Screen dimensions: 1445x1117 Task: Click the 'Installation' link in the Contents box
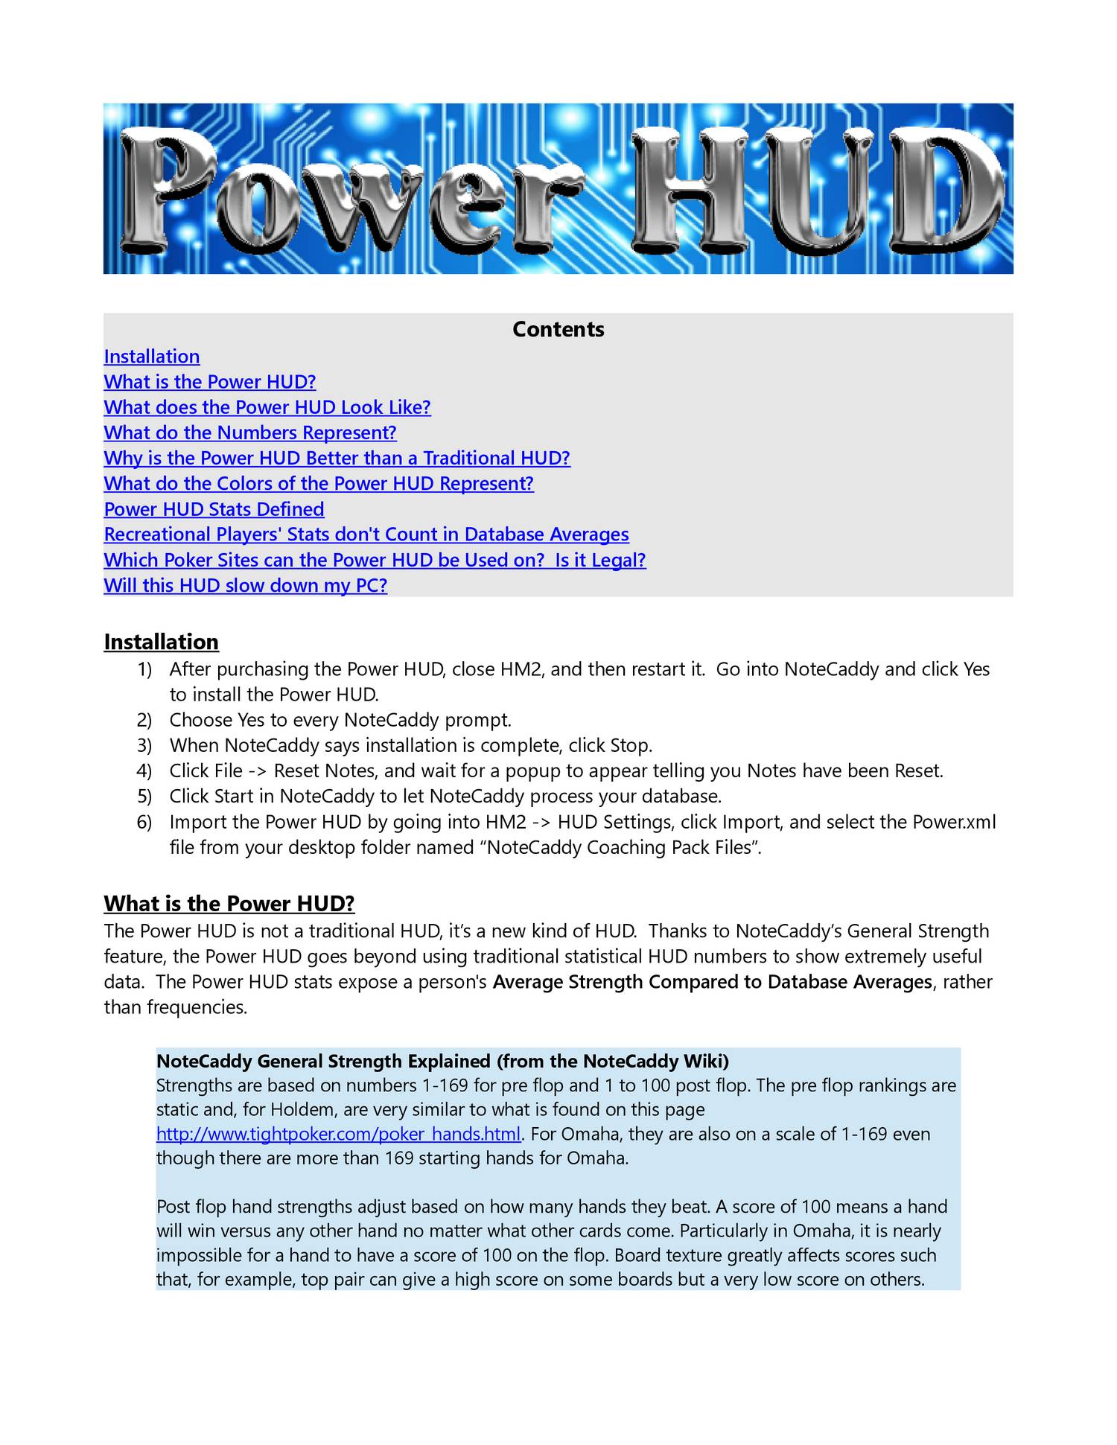coord(152,357)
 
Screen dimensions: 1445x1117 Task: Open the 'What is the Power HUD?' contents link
coord(210,382)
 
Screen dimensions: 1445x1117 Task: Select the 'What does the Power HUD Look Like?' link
coord(267,407)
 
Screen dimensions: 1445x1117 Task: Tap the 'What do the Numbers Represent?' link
coord(250,433)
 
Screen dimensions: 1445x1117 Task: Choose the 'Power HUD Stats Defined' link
coord(214,509)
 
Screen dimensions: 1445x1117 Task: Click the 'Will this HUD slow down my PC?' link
coord(246,585)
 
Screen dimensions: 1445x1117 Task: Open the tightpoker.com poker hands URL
coord(338,1134)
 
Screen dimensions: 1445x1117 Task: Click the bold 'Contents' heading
coord(558,329)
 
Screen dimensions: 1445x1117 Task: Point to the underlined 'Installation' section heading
coord(162,642)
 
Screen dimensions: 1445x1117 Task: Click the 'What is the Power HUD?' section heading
coord(229,904)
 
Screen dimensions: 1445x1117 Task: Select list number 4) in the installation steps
coord(144,771)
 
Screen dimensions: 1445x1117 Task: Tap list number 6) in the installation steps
coord(144,822)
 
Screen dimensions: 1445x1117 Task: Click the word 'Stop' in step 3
coord(629,745)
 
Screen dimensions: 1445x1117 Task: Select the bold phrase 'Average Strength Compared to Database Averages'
coord(713,982)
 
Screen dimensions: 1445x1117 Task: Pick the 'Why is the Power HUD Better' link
coord(337,458)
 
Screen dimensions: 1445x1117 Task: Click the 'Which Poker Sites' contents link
coord(375,560)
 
